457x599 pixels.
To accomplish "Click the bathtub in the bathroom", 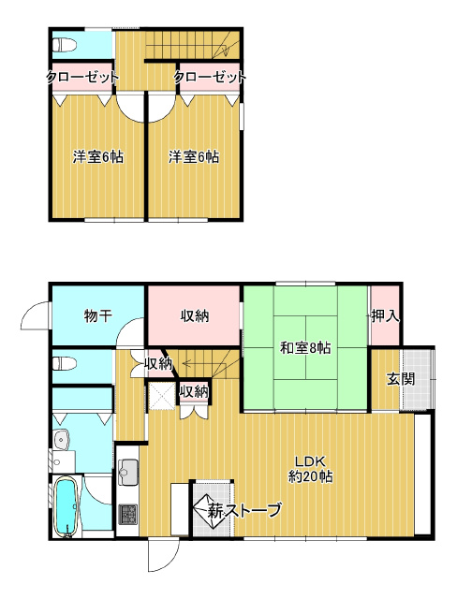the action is (x=67, y=506).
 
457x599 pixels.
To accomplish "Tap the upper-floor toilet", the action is (x=64, y=45).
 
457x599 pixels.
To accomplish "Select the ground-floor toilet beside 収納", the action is (x=64, y=363).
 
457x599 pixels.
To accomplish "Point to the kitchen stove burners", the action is (x=128, y=514).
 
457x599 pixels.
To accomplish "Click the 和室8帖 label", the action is (x=305, y=348).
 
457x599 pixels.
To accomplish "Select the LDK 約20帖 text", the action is (x=310, y=469).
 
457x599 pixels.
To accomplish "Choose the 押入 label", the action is (x=385, y=315).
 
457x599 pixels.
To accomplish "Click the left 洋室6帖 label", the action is (x=98, y=156).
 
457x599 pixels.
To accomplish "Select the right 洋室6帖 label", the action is (x=194, y=156).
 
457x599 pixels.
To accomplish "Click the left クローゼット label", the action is (x=81, y=77).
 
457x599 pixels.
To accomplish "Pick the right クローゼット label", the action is (x=210, y=77).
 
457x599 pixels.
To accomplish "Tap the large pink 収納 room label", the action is (x=195, y=315).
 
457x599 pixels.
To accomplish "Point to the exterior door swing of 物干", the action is (x=36, y=315).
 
